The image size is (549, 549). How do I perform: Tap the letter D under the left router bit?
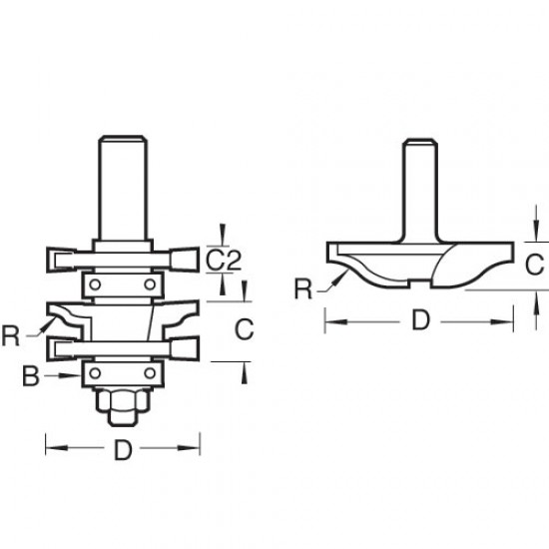(123, 450)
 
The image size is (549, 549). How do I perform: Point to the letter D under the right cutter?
(422, 322)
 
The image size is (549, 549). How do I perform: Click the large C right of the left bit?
(242, 327)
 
